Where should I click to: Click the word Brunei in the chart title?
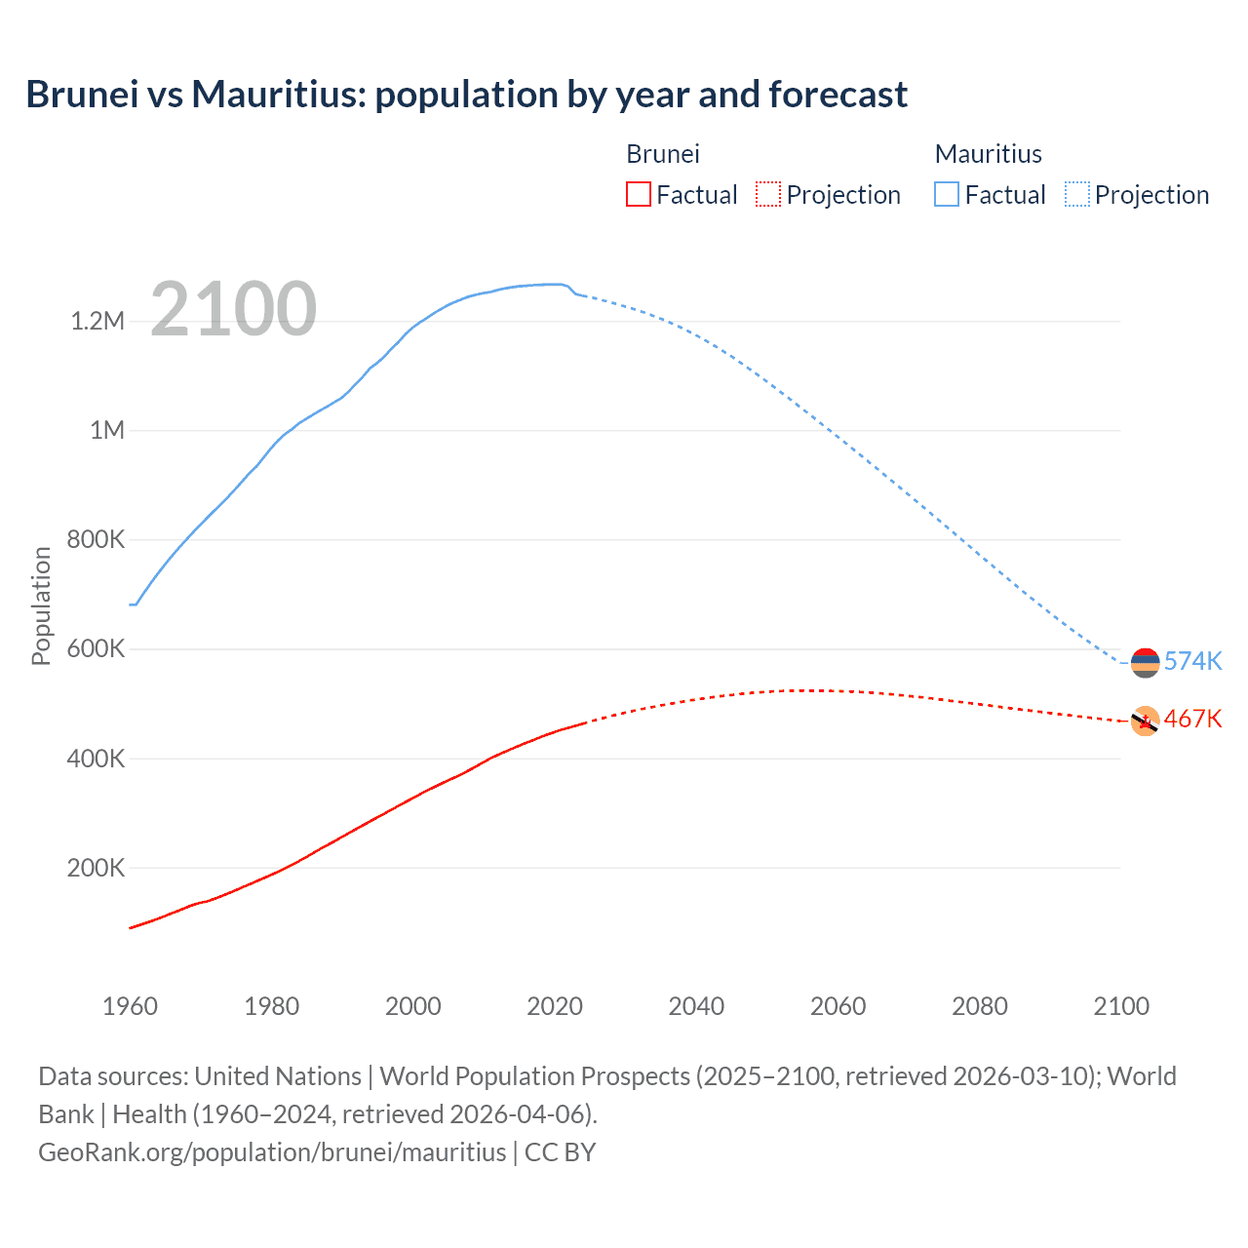coord(82,95)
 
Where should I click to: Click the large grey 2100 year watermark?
coord(233,309)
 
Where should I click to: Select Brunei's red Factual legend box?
coord(638,194)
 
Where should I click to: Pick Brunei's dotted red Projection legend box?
coord(768,194)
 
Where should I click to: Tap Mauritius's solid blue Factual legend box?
coord(946,194)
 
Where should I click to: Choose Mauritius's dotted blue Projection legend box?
coord(1077,194)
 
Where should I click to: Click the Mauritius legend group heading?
coord(988,154)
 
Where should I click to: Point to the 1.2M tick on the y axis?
coord(97,321)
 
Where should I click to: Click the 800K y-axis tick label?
coord(96,539)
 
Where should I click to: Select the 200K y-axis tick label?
coord(96,868)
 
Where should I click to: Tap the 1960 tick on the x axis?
coord(130,1006)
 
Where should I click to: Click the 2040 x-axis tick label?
coord(696,1006)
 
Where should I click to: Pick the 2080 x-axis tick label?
coord(979,1006)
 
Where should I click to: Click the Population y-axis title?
coord(41,605)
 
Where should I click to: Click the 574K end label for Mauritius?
coord(1192,661)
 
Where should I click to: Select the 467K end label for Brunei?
coord(1192,719)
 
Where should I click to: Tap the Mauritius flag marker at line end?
coord(1145,663)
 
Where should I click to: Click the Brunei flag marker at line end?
coord(1145,721)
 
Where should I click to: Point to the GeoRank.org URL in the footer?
coord(272,1151)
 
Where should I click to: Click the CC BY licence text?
coord(560,1151)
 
